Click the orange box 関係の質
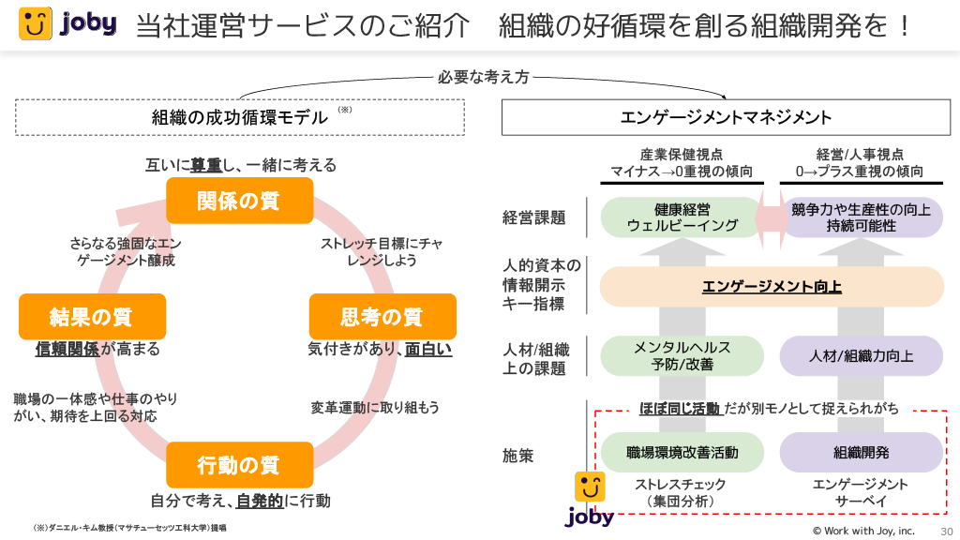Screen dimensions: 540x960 [x=239, y=201]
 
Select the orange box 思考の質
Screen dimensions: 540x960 [x=382, y=317]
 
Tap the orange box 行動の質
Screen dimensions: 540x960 [x=239, y=465]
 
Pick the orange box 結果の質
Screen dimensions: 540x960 [x=92, y=317]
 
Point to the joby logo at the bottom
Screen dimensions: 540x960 [x=590, y=500]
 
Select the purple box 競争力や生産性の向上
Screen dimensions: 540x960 [x=861, y=217]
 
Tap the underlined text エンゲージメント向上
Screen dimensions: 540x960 [x=771, y=287]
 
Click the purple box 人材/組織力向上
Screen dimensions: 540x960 [x=861, y=356]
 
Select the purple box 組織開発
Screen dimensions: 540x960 [x=861, y=453]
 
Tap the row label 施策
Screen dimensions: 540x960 [x=518, y=456]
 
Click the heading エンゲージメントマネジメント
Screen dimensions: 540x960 [x=727, y=117]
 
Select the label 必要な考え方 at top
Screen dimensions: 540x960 [x=484, y=78]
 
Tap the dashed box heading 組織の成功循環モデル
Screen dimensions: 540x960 [x=240, y=117]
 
